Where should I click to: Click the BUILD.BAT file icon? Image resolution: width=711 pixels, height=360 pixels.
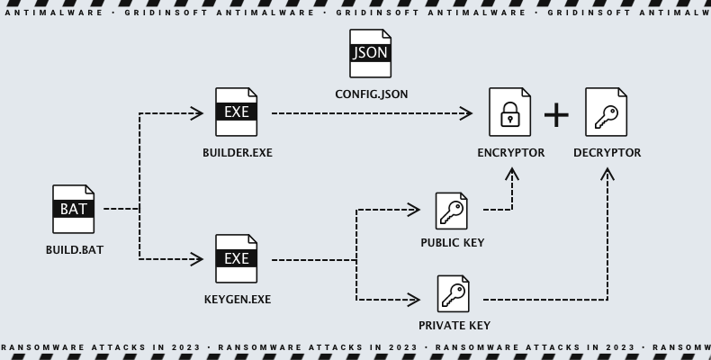pyautogui.click(x=74, y=209)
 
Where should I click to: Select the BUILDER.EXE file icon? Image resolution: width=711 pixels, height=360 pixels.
pyautogui.click(x=237, y=112)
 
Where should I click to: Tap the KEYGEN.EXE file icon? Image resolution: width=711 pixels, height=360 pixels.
pyautogui.click(x=237, y=258)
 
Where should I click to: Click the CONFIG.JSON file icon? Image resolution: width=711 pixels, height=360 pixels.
pyautogui.click(x=371, y=53)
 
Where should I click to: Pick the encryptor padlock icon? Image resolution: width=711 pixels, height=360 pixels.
pyautogui.click(x=509, y=112)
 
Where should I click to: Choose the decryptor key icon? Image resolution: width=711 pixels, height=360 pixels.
pyautogui.click(x=607, y=112)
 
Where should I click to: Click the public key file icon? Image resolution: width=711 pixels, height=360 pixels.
pyautogui.click(x=452, y=211)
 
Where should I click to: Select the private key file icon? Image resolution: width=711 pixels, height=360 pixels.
pyautogui.click(x=454, y=293)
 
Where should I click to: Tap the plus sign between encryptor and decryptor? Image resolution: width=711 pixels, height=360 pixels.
pyautogui.click(x=557, y=114)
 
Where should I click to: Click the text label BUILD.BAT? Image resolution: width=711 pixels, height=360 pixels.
pyautogui.click(x=74, y=249)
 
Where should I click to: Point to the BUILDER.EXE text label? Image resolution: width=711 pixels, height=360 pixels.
pyautogui.click(x=237, y=153)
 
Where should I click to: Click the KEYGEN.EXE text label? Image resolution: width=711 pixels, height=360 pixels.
pyautogui.click(x=237, y=300)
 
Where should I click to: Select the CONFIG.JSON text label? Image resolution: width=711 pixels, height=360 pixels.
pyautogui.click(x=371, y=94)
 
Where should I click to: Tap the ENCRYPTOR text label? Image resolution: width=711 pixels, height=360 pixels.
pyautogui.click(x=510, y=153)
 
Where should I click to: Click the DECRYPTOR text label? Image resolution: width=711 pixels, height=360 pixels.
pyautogui.click(x=607, y=153)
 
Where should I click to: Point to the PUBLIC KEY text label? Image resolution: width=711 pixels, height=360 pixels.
pyautogui.click(x=452, y=243)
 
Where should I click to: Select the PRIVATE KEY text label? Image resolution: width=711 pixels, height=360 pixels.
pyautogui.click(x=454, y=325)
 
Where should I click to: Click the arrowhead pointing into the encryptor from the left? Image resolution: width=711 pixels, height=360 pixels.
pyautogui.click(x=465, y=113)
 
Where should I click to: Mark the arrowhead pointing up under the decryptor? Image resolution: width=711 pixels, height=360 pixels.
pyautogui.click(x=607, y=173)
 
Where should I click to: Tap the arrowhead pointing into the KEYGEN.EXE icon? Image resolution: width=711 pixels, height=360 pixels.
pyautogui.click(x=196, y=259)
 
